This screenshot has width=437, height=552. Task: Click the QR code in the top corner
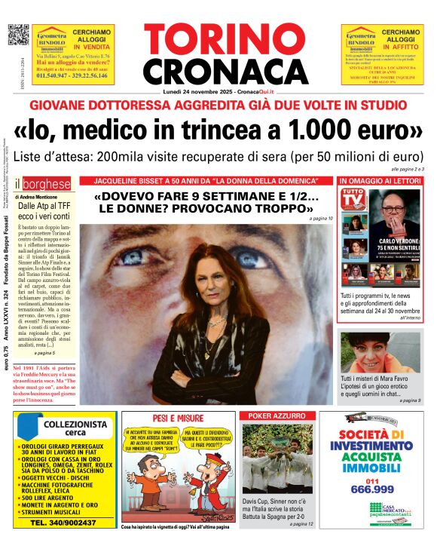click(x=18, y=35)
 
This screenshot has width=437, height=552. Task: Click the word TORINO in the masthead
click(x=218, y=39)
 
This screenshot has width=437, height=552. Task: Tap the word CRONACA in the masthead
click(x=218, y=71)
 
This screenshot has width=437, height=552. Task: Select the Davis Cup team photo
click(x=277, y=456)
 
